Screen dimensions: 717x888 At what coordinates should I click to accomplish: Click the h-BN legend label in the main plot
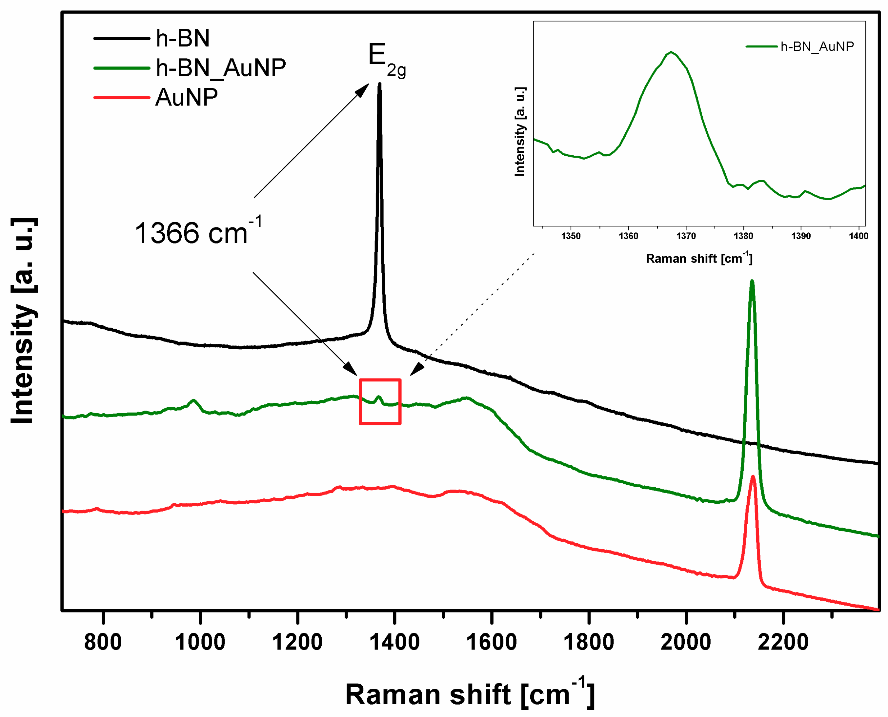point(182,38)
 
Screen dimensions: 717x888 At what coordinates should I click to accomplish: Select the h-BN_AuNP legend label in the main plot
point(221,68)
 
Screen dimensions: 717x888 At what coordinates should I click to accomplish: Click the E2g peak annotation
point(386,60)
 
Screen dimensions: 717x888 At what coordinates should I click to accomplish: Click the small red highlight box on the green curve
point(380,401)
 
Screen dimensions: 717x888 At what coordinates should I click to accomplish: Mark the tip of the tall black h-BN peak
point(379,84)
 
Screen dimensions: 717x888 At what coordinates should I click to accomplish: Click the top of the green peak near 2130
point(752,281)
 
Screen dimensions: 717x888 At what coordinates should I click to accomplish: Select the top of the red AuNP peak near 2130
point(753,476)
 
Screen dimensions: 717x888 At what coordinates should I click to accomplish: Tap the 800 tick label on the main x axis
point(103,642)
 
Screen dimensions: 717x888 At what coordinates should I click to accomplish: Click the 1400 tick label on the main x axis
point(394,642)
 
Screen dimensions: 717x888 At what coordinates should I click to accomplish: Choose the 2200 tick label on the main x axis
point(783,642)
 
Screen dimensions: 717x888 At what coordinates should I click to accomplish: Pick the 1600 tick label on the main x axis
point(491,642)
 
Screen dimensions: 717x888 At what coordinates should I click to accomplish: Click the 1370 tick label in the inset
point(686,236)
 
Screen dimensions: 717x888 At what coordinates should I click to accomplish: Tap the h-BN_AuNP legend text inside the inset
point(817,47)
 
